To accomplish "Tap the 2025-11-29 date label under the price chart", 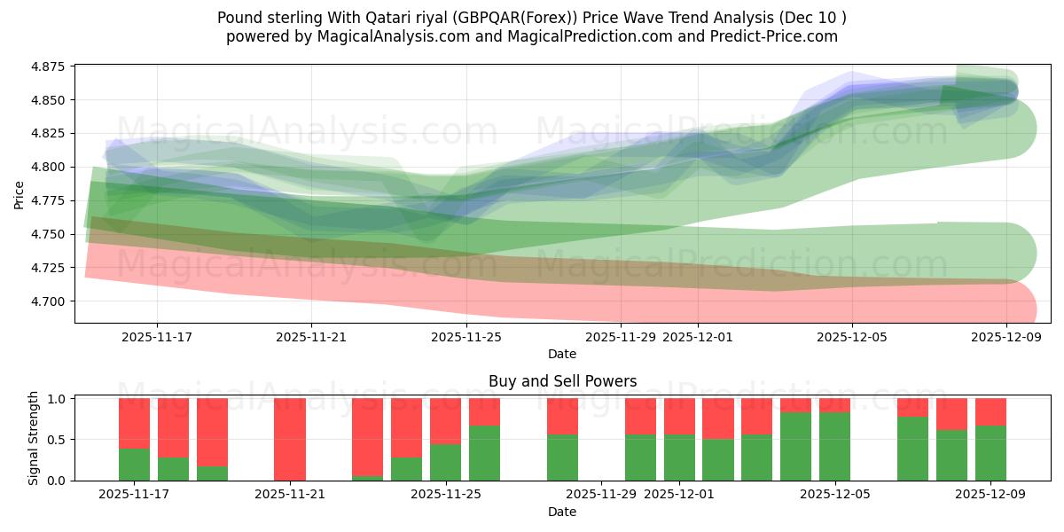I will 621,336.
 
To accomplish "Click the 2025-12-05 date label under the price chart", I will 852,336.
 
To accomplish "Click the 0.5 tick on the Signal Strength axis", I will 57,440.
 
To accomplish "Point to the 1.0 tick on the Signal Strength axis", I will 57,399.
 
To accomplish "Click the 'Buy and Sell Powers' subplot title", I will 562,381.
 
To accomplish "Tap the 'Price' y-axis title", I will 20,193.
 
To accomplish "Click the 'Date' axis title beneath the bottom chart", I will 562,512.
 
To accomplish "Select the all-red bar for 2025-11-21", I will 290,439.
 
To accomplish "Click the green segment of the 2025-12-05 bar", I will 834,446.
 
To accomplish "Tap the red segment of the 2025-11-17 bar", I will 134,423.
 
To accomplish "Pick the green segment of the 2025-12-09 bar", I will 990,453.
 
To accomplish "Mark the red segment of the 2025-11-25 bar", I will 445,420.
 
